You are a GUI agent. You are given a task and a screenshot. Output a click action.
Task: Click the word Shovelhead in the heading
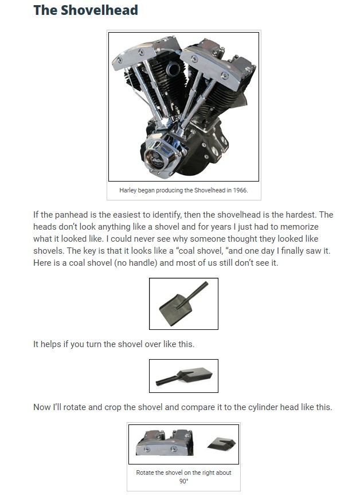coord(99,10)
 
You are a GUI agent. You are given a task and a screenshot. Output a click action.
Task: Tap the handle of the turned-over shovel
coord(168,379)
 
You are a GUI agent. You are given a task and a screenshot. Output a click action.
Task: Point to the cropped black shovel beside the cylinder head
coord(222,444)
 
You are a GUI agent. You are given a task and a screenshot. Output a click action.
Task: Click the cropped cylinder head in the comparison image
coord(165,443)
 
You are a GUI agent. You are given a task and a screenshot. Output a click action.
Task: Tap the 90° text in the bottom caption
coord(183,481)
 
